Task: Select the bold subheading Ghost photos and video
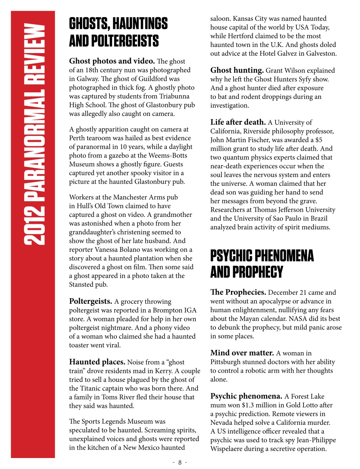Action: [112, 61]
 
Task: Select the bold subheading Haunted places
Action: [97, 362]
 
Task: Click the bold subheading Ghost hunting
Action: [237, 70]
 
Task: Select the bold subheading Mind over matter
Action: [242, 353]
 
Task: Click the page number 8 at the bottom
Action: [180, 462]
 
